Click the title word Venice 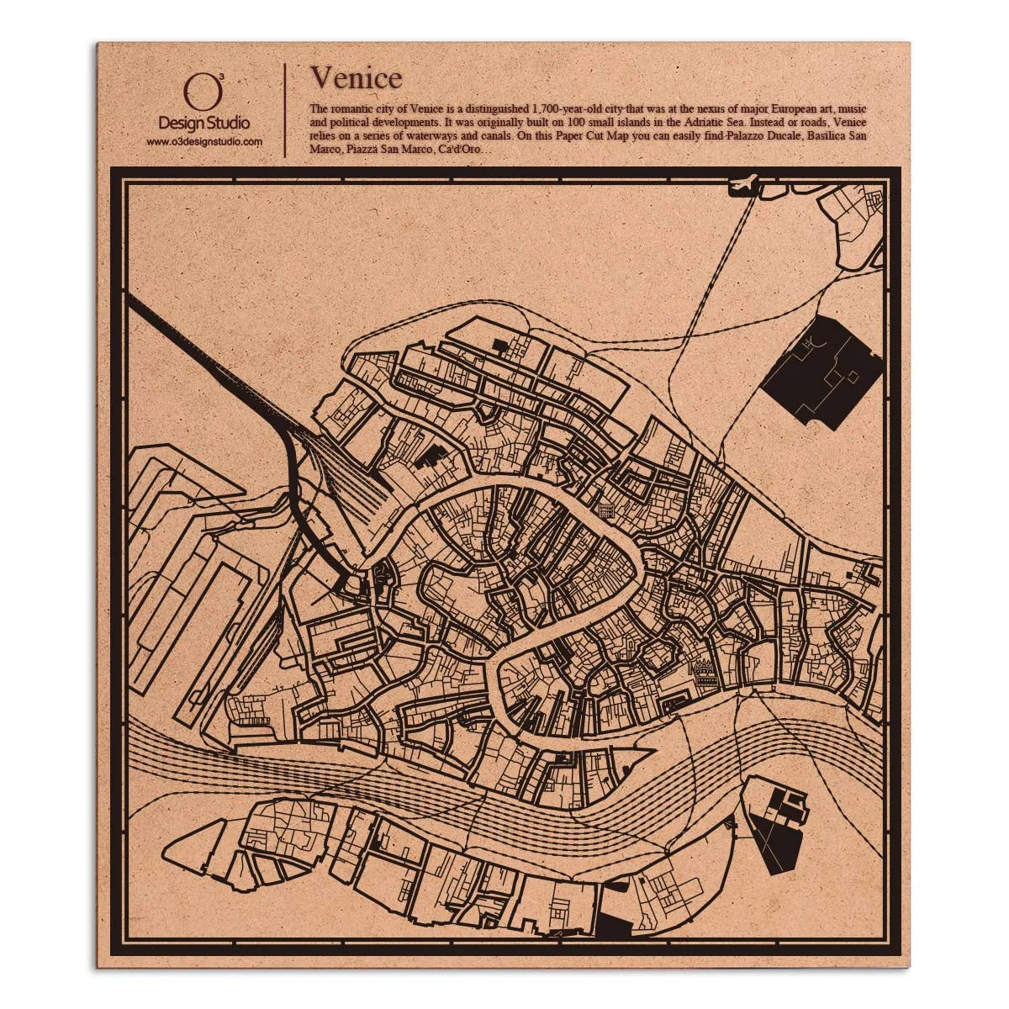pyautogui.click(x=356, y=77)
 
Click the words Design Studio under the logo pyautogui.click(x=204, y=123)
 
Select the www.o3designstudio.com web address pyautogui.click(x=204, y=142)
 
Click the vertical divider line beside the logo pyautogui.click(x=286, y=109)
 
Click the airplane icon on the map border pyautogui.click(x=745, y=181)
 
